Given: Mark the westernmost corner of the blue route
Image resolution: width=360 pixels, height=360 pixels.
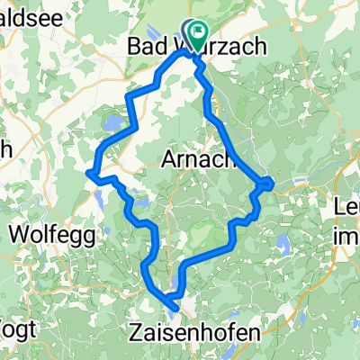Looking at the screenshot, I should [x=87, y=171].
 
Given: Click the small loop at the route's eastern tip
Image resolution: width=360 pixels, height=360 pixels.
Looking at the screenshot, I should [x=266, y=184].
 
